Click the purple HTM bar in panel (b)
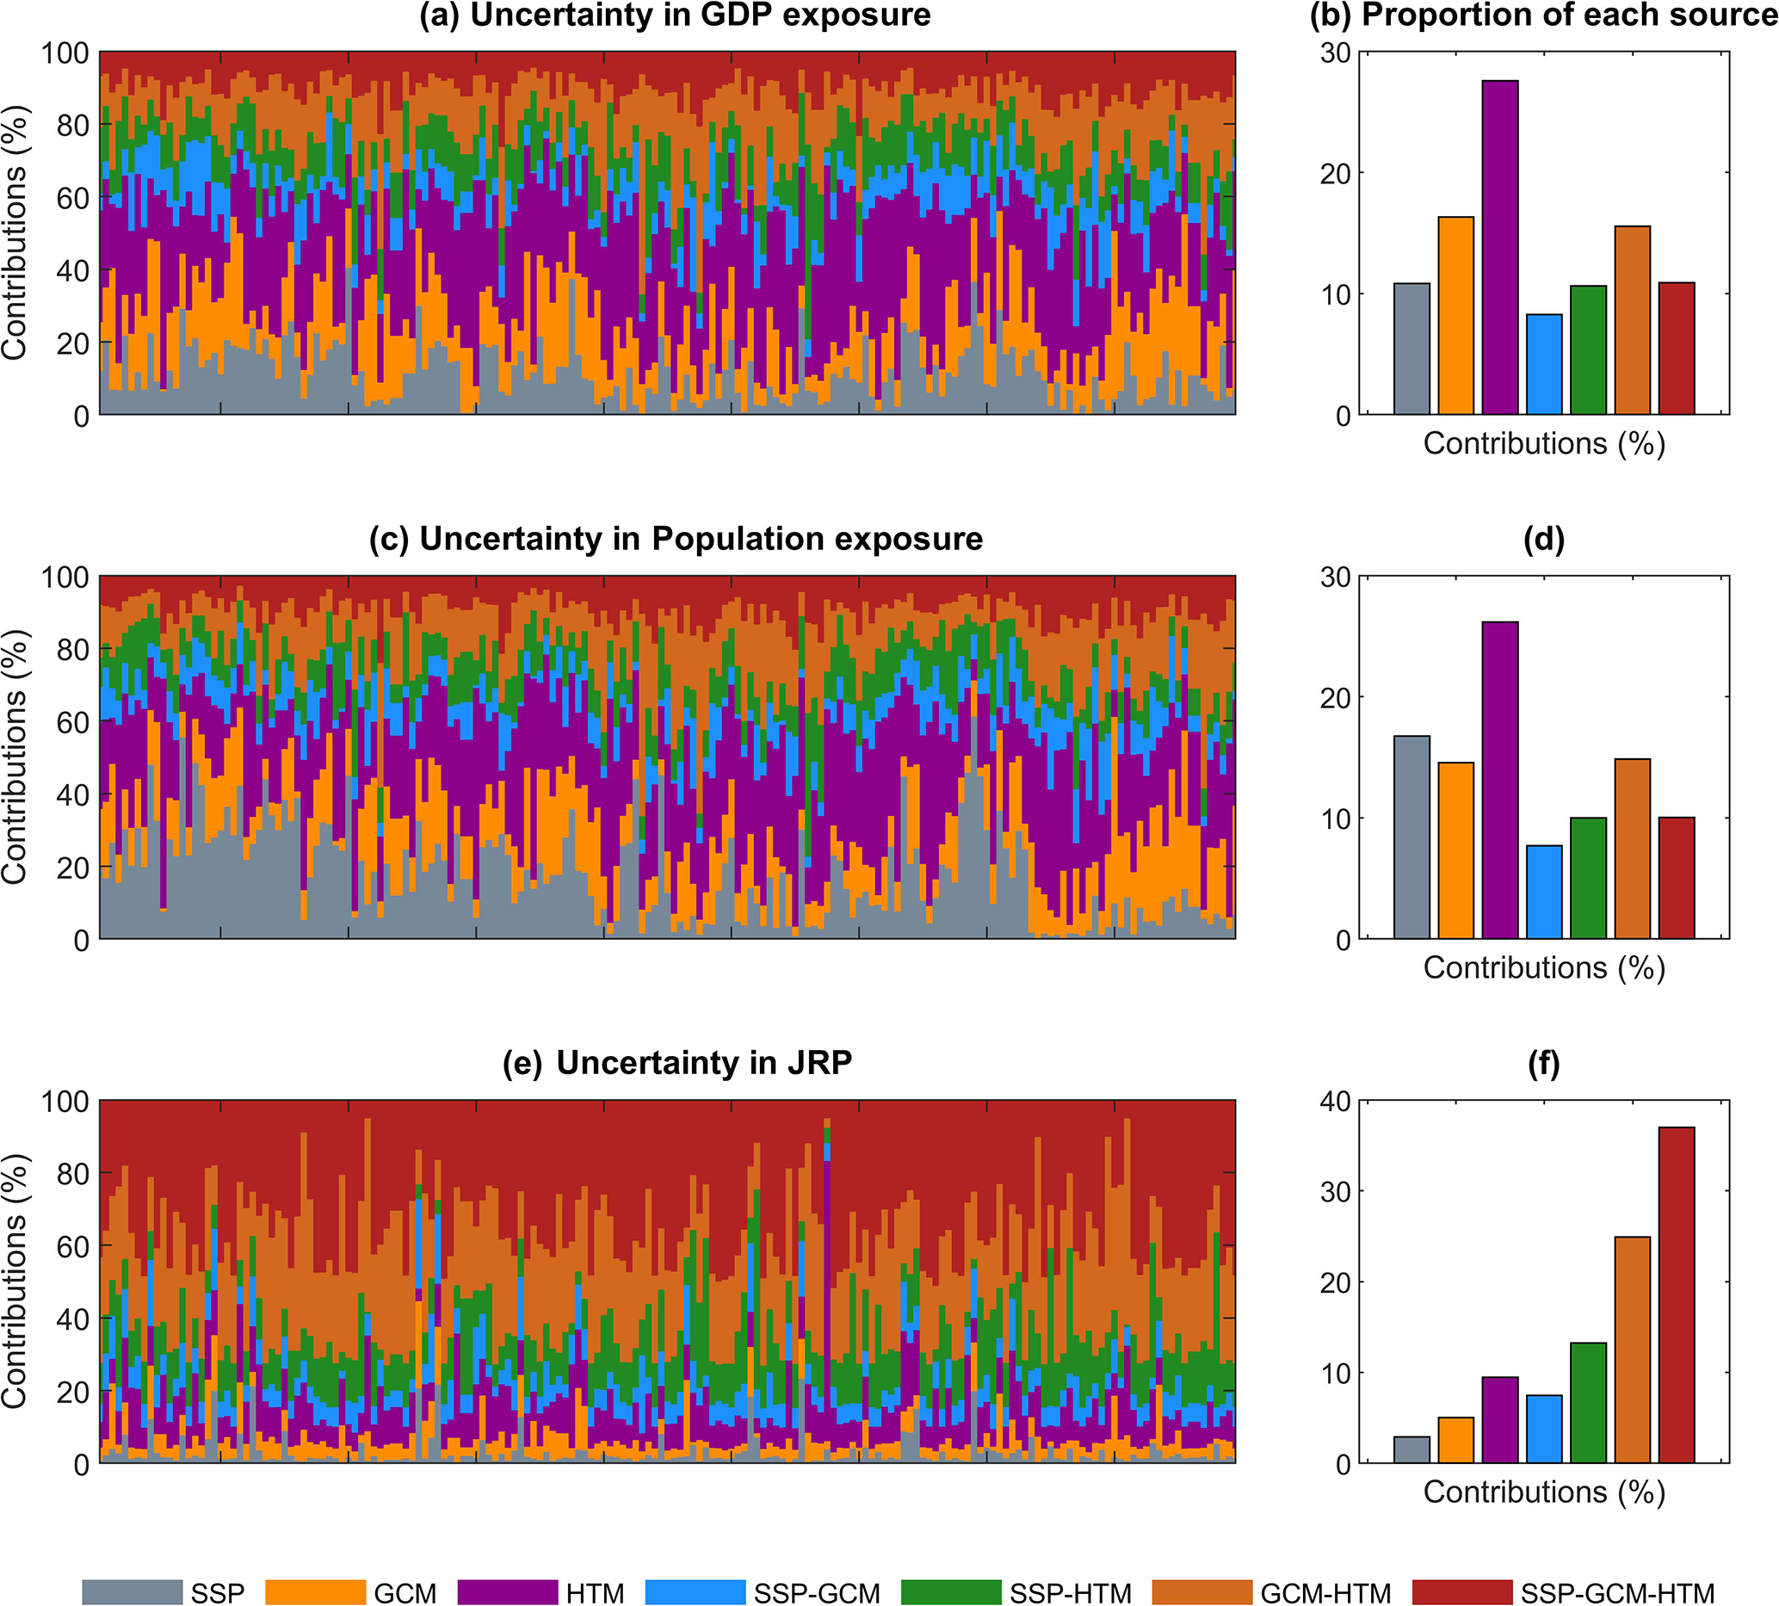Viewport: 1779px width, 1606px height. point(1500,247)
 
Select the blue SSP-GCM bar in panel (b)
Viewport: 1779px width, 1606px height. point(1544,363)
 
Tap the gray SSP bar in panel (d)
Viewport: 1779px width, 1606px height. point(1411,837)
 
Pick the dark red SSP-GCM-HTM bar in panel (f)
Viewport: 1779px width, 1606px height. point(1677,1294)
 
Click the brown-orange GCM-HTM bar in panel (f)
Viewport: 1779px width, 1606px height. point(1633,1350)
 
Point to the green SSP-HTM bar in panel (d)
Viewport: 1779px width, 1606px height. point(1589,878)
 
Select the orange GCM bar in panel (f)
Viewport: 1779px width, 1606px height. point(1456,1439)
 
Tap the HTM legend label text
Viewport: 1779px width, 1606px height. point(595,1594)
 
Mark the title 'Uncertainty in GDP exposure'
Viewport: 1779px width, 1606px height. point(675,15)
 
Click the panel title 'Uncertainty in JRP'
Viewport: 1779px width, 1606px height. point(676,1062)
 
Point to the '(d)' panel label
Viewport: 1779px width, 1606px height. point(1543,538)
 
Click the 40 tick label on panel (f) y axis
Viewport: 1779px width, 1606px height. point(1334,1102)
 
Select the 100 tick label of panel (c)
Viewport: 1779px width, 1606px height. point(65,578)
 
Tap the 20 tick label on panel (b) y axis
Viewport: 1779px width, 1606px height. point(1334,174)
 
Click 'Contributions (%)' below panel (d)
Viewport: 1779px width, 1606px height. point(1543,968)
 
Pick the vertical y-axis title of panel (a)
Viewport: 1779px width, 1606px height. point(15,233)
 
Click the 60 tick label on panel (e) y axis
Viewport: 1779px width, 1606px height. point(74,1246)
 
